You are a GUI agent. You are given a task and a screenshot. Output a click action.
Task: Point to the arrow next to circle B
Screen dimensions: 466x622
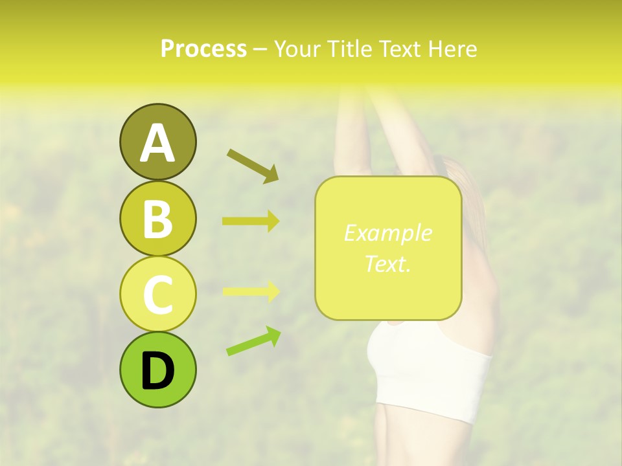point(251,221)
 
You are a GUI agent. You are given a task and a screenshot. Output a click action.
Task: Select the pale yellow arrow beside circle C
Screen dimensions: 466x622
point(251,292)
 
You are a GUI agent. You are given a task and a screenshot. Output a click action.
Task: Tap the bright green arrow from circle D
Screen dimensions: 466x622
point(254,341)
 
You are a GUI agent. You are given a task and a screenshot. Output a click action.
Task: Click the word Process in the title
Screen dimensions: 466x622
point(203,49)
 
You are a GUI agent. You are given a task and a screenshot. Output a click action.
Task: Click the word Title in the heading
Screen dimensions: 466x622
point(349,49)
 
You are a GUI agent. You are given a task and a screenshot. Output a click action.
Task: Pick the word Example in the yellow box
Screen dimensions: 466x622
point(387,234)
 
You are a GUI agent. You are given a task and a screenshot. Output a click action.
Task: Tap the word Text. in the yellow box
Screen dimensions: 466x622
point(387,263)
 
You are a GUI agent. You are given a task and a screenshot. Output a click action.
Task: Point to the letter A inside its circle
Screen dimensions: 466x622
point(157,143)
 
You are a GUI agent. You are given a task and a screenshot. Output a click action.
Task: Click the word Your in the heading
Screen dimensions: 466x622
point(299,49)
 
